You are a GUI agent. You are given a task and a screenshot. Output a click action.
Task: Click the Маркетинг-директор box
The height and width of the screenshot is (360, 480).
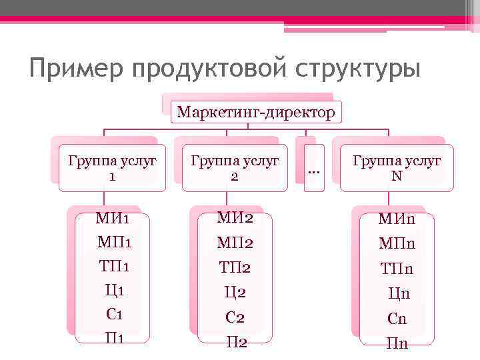(256, 111)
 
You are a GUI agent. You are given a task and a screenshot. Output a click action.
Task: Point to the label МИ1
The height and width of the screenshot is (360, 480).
(113, 219)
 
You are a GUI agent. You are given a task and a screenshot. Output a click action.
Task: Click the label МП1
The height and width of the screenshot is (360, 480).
(113, 243)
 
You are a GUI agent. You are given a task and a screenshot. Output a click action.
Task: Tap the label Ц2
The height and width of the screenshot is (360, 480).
(234, 292)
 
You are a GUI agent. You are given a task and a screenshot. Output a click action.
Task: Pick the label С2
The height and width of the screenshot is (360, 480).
(234, 317)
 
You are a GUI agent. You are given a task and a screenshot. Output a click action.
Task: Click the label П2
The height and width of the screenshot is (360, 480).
(236, 343)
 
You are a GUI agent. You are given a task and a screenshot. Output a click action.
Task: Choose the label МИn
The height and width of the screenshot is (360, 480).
(397, 219)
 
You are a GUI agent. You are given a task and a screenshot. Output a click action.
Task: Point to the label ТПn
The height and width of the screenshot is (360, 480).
(397, 269)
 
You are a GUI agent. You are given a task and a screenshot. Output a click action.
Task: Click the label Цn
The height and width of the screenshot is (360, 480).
(398, 293)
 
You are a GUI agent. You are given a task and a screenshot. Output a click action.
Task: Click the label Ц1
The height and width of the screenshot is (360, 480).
(114, 291)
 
